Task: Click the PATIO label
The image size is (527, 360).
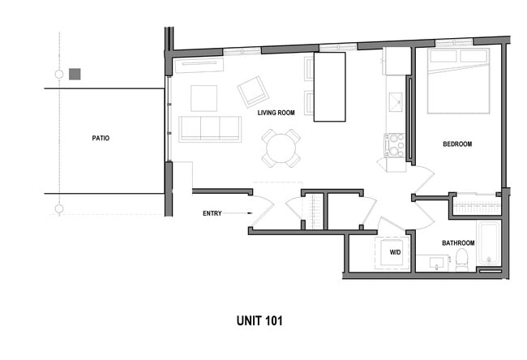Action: (101, 138)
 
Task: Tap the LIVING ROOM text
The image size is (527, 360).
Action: (276, 113)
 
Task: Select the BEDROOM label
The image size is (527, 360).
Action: (457, 144)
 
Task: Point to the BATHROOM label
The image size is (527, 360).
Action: (457, 243)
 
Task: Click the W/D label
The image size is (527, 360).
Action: (395, 253)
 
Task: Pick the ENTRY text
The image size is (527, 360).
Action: (212, 213)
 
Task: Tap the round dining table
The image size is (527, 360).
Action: (281, 148)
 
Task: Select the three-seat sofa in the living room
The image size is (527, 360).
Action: (210, 129)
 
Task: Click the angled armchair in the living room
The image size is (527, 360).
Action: (253, 92)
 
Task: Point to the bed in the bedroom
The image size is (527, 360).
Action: (458, 81)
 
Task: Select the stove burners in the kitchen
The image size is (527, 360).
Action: (395, 144)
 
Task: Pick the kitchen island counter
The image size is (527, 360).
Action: (329, 87)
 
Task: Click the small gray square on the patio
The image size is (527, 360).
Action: (75, 74)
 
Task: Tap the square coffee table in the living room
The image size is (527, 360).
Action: (204, 98)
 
